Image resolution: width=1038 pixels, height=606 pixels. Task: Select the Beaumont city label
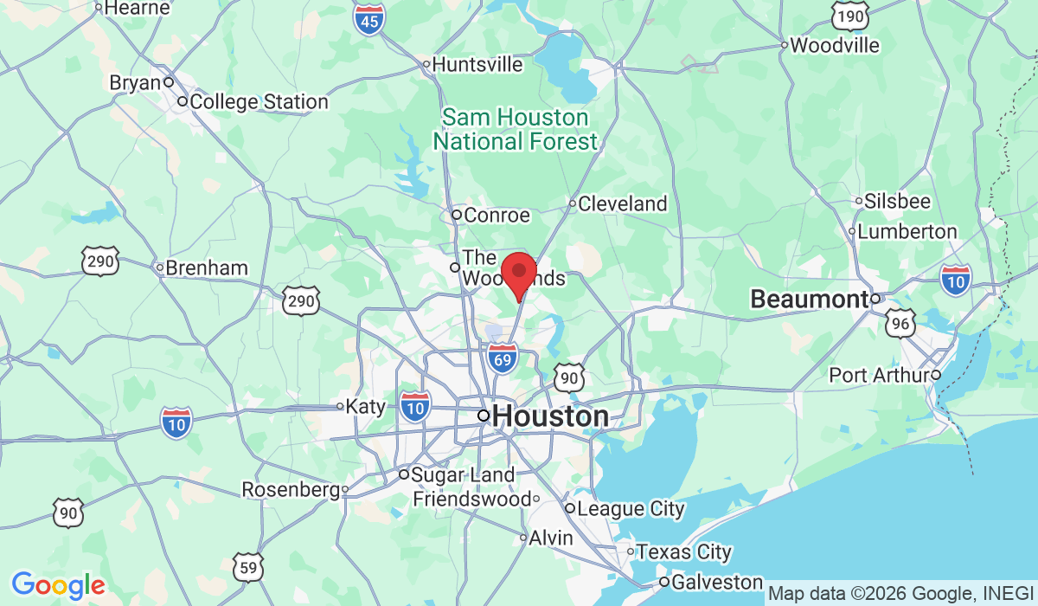click(x=809, y=300)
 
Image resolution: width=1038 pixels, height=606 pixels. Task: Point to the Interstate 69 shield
click(x=502, y=358)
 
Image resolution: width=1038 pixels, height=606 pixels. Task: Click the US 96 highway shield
click(x=900, y=323)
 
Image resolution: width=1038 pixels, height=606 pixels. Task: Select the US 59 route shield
click(x=248, y=567)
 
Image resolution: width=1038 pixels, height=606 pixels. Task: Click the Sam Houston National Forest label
click(x=516, y=129)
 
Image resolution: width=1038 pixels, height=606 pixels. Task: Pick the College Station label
click(x=259, y=101)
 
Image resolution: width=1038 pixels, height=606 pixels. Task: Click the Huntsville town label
click(x=477, y=64)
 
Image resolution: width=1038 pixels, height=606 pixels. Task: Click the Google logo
click(x=58, y=585)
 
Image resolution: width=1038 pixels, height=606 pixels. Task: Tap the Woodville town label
click(x=834, y=44)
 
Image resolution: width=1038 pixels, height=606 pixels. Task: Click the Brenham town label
click(x=206, y=268)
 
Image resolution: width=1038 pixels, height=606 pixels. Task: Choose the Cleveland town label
click(x=622, y=203)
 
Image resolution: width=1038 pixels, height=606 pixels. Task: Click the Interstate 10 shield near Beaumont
click(x=956, y=278)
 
